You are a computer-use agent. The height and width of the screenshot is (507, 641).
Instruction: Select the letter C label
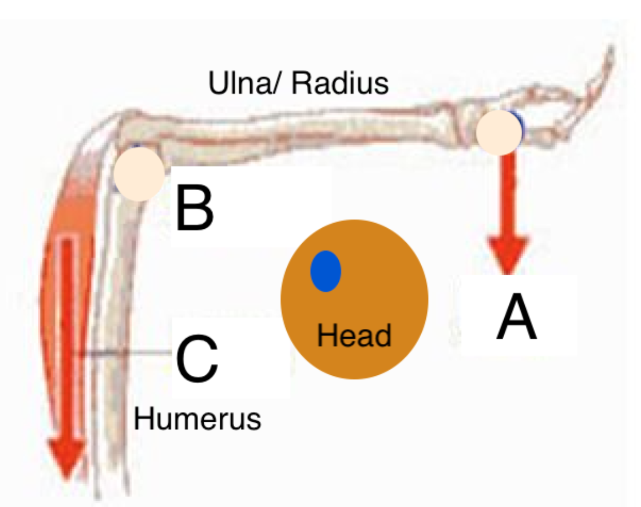pyautogui.click(x=197, y=359)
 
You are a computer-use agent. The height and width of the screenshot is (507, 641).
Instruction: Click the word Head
pyautogui.click(x=354, y=335)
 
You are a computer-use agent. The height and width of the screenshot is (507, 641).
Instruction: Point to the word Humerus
pyautogui.click(x=197, y=419)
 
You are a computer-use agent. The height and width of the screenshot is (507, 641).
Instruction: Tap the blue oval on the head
pyautogui.click(x=326, y=271)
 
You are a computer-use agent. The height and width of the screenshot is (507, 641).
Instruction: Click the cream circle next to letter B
pyautogui.click(x=139, y=173)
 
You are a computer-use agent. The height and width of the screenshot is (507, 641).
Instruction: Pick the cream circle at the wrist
pyautogui.click(x=500, y=132)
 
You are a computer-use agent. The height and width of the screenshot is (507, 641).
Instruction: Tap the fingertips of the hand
pyautogui.click(x=608, y=54)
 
